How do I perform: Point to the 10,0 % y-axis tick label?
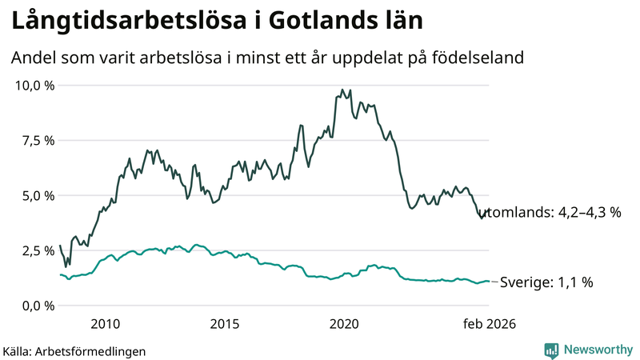(x=34, y=85)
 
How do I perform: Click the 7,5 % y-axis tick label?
(x=38, y=140)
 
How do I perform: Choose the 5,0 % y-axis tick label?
(x=38, y=195)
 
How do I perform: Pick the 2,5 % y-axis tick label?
(x=38, y=250)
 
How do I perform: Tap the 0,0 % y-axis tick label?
(x=38, y=306)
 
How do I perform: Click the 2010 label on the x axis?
(x=106, y=324)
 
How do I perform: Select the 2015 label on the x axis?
(x=225, y=324)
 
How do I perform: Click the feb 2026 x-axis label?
(x=487, y=324)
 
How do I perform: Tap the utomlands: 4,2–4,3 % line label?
(x=554, y=214)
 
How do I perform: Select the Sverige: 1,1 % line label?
(x=546, y=282)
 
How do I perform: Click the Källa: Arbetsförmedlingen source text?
(x=74, y=350)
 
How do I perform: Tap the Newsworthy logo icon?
(x=551, y=350)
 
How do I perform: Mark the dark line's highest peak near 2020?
(x=342, y=90)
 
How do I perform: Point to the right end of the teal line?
(x=489, y=282)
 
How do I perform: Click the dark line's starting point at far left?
(x=60, y=246)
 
